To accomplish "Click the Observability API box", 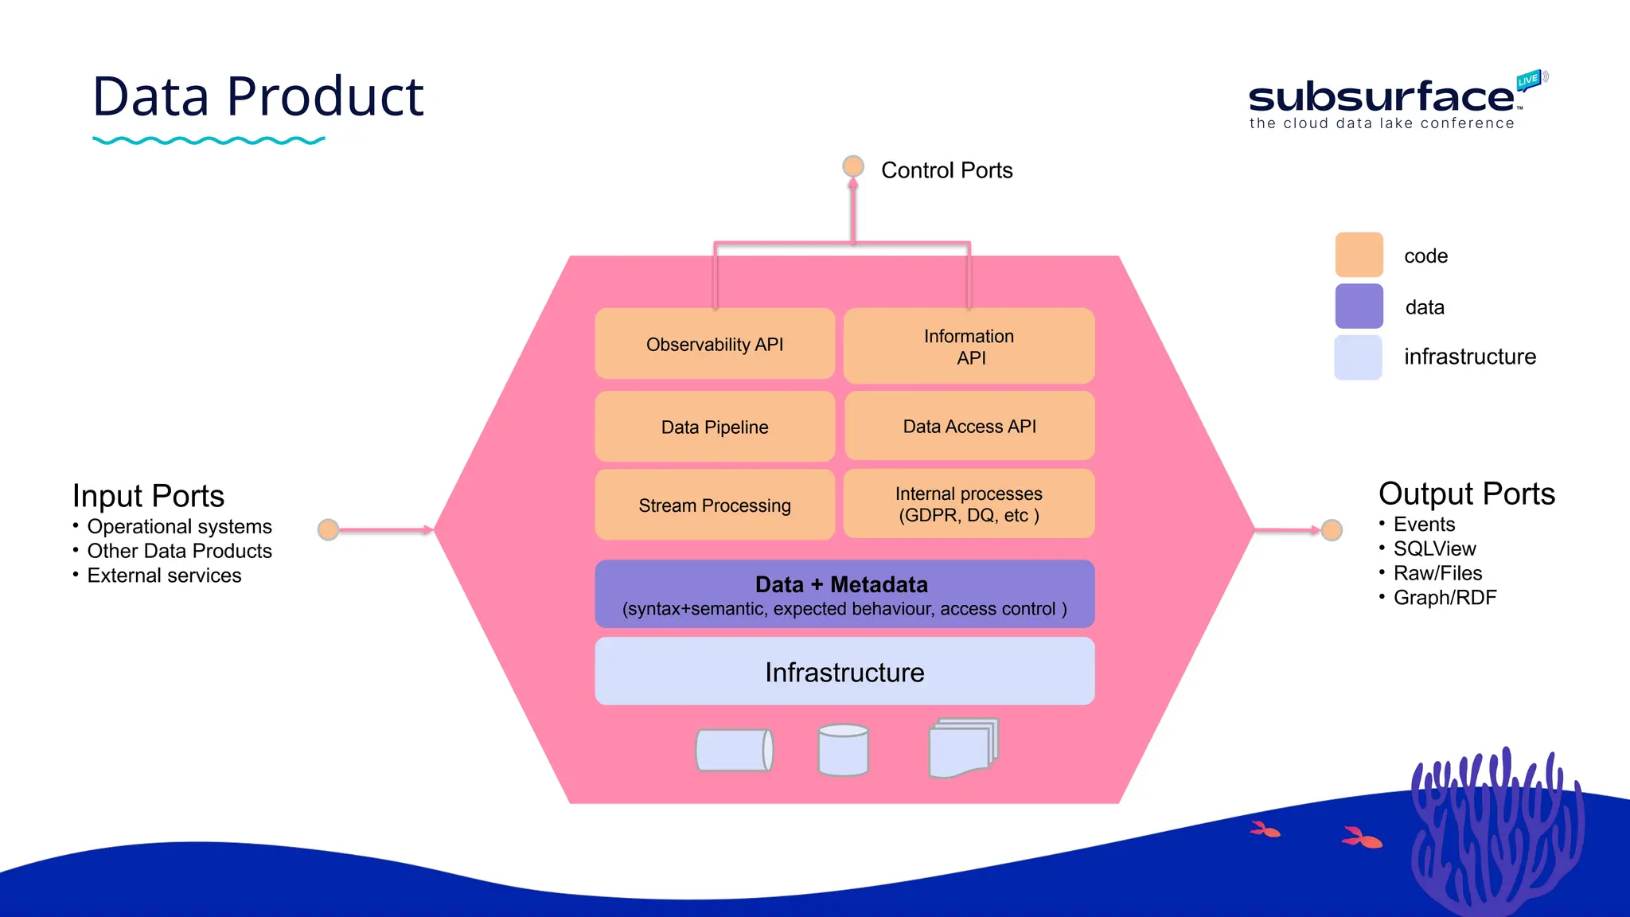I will coord(715,344).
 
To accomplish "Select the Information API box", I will coord(969,346).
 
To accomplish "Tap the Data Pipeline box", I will coord(715,427).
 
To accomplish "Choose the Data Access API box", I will coord(969,426).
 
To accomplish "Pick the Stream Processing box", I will coord(715,505).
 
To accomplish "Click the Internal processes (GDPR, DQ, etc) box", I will coord(969,504).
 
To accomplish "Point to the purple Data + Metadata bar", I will coord(844,595).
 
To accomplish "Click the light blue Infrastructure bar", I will coord(844,672).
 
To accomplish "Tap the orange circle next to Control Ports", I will coord(853,166).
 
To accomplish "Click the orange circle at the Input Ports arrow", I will coord(328,529).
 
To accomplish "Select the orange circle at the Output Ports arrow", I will coord(1332,529).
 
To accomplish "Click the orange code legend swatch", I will coord(1359,255).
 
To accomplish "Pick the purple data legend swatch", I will coord(1359,306).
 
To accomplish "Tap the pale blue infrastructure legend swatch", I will coord(1359,357).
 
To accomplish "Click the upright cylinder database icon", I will coord(843,750).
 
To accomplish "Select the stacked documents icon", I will coord(963,748).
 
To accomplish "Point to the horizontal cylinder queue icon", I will coord(734,750).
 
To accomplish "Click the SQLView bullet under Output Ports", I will coord(1434,548).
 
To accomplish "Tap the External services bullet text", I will coord(164,576).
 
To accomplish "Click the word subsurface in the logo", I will coord(1381,97).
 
